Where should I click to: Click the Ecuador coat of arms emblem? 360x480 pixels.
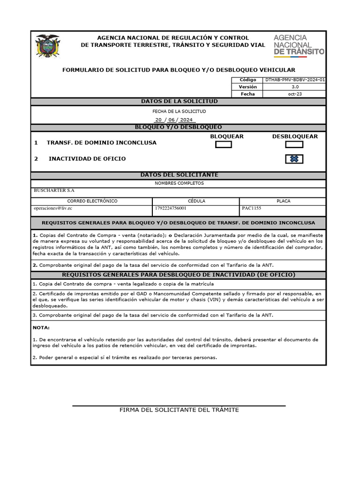coord(48,46)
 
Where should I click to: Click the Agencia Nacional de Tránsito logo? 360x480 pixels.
coord(299,45)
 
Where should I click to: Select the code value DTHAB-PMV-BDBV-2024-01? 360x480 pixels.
coord(295,80)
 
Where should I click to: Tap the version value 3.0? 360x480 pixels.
coord(295,87)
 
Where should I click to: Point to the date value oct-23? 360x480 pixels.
coord(295,94)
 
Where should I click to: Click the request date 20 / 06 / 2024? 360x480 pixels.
coord(169,120)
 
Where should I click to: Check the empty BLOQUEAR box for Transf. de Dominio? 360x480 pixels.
coord(223,144)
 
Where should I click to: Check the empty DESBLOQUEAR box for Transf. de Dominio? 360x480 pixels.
coord(294,144)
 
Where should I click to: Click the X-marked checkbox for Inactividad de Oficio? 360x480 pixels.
coord(294,159)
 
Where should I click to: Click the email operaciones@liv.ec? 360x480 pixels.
coord(53,208)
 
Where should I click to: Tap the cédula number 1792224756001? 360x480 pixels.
coord(170,208)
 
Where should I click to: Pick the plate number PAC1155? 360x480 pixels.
coord(252,208)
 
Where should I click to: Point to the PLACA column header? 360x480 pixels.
coord(283,201)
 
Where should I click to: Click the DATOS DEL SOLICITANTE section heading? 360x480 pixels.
coord(179,175)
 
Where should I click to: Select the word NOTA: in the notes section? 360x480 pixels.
coord(41,328)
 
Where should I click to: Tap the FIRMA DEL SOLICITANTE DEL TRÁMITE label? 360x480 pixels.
coord(179,410)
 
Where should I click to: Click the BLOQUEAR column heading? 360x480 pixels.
coord(226,136)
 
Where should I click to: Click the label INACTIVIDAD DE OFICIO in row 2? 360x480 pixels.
coord(87,159)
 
